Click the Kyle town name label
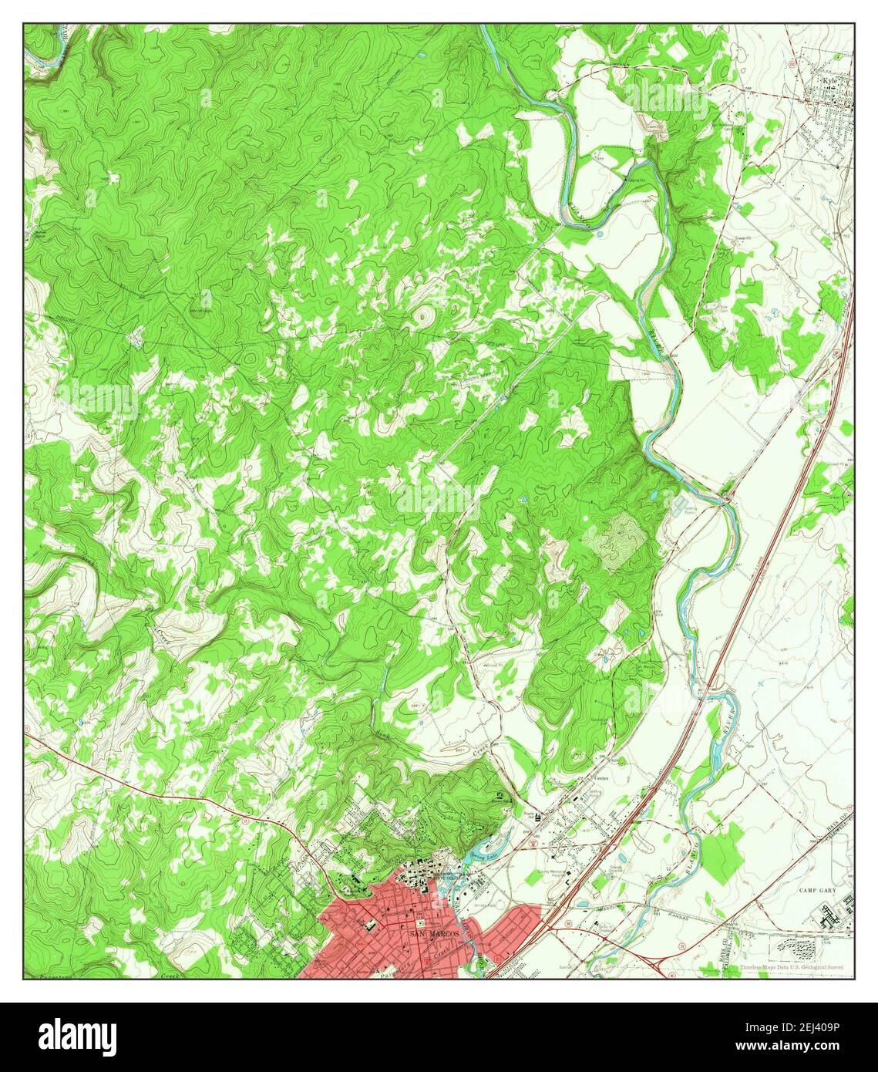point(829,79)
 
